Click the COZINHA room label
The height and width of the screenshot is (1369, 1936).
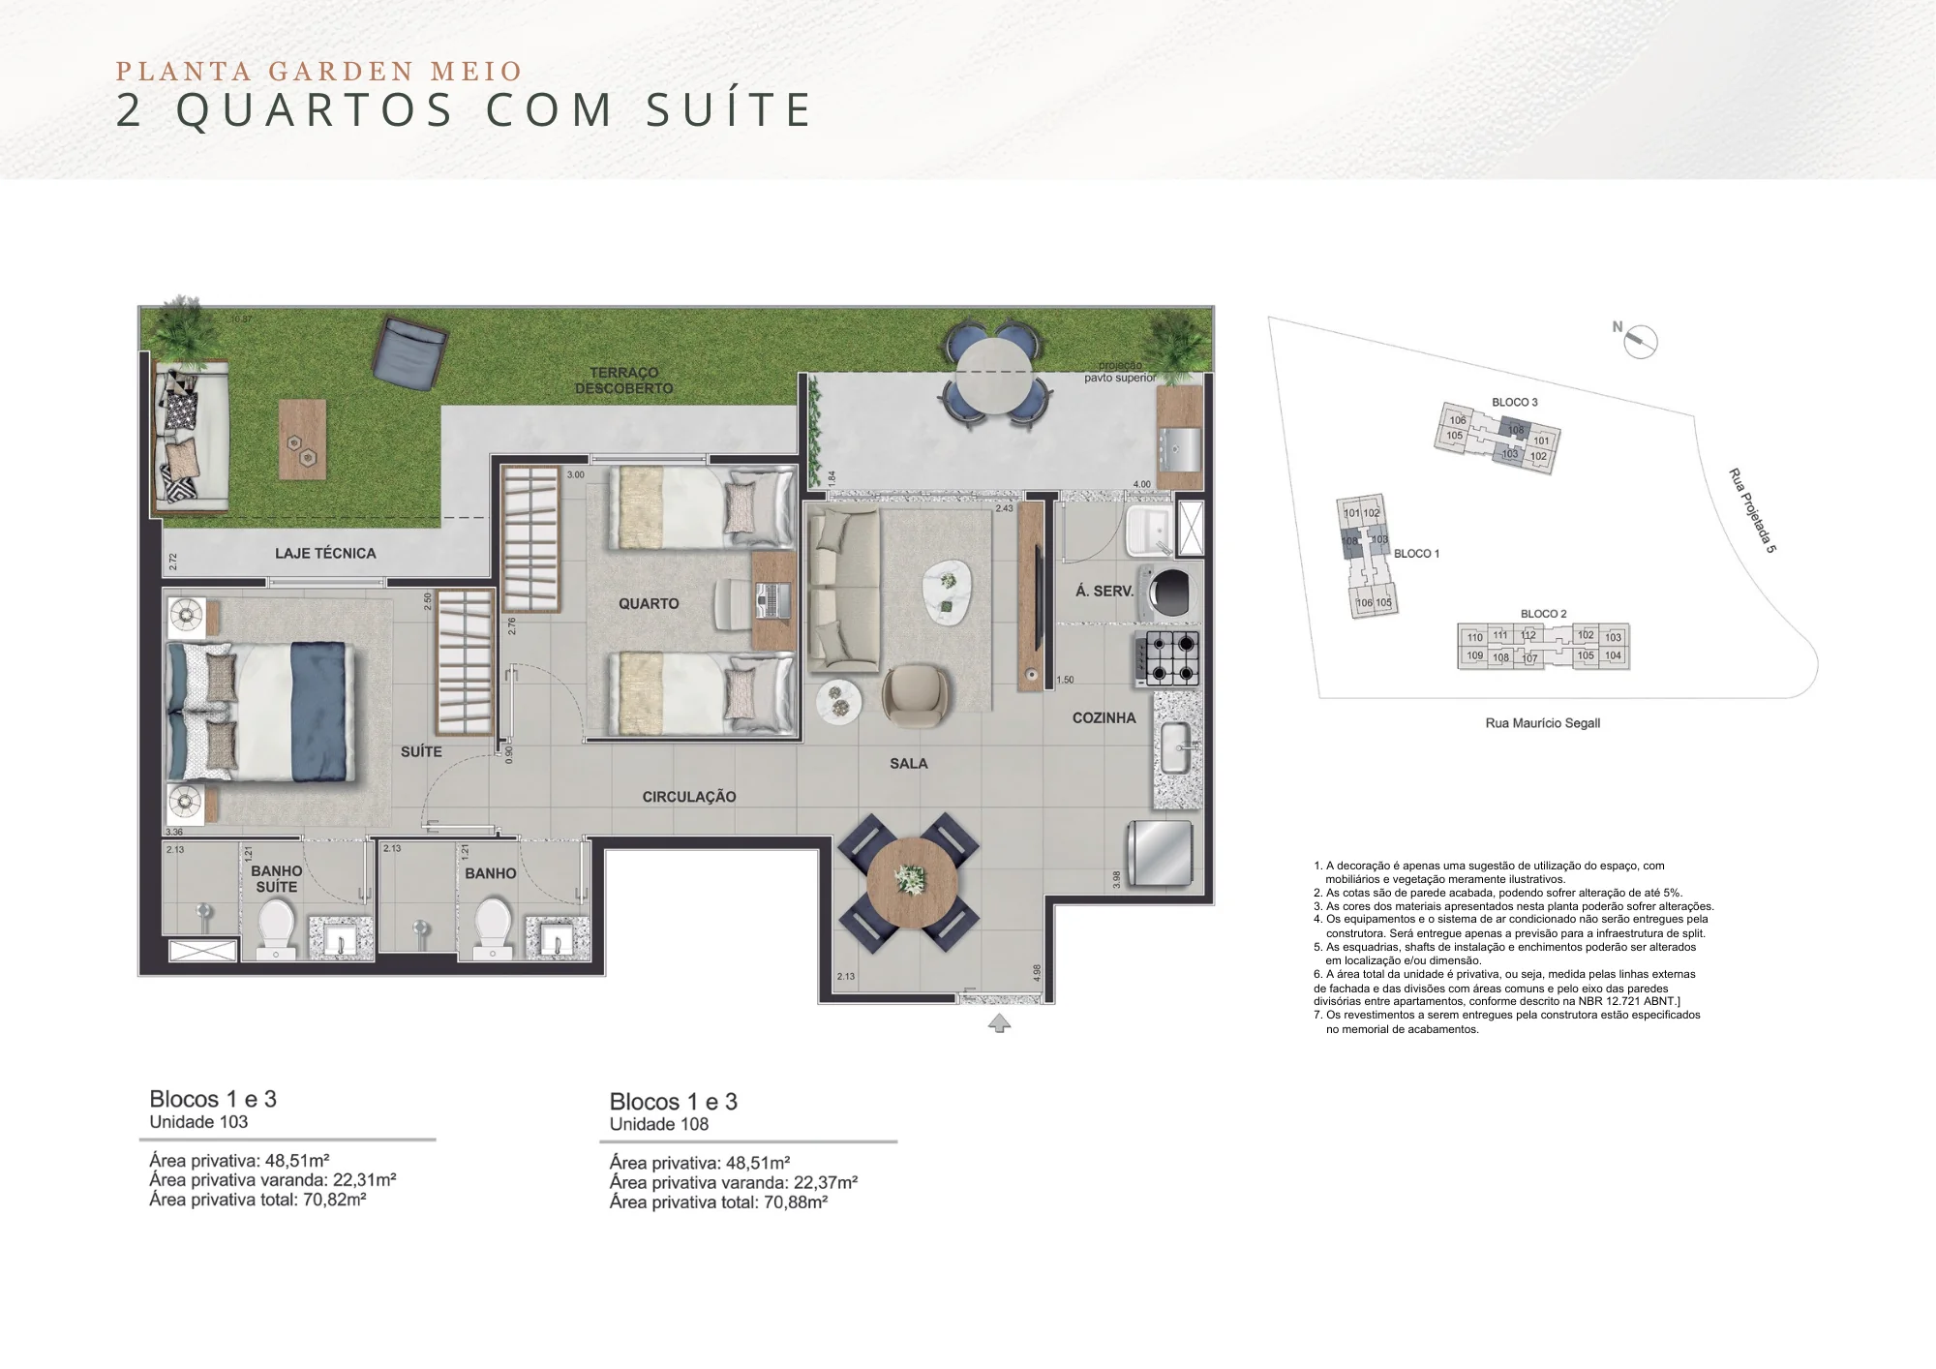[x=1104, y=717]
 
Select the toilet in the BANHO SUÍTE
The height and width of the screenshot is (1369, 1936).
[x=276, y=927]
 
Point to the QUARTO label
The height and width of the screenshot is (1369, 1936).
[x=649, y=603]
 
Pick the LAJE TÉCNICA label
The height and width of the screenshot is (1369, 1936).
[x=325, y=553]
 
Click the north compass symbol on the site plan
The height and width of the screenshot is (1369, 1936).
[x=1639, y=340]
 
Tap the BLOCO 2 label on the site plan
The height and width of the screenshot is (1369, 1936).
[x=1543, y=614]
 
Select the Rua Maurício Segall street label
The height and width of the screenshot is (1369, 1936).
[x=1542, y=723]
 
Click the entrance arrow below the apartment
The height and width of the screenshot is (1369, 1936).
[x=999, y=1023]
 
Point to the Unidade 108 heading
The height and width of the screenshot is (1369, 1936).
[x=658, y=1124]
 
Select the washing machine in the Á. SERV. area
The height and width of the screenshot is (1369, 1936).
[x=1173, y=588]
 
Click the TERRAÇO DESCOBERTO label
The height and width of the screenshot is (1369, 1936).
[x=623, y=380]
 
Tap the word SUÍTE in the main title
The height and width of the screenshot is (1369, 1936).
[x=729, y=109]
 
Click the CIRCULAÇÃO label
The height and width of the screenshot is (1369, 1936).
[x=689, y=797]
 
